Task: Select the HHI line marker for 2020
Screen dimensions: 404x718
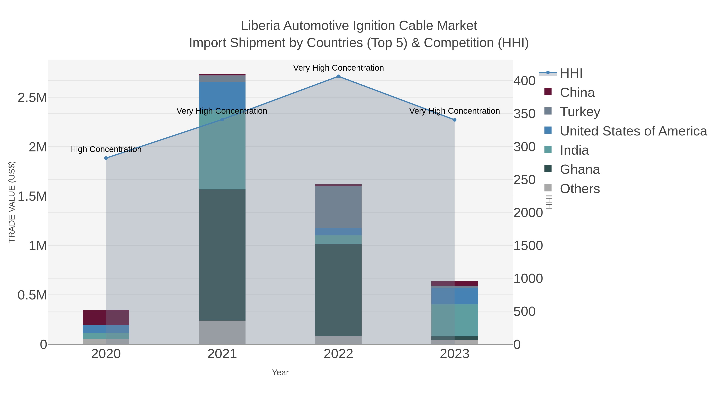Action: click(106, 158)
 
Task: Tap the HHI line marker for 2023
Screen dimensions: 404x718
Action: click(454, 120)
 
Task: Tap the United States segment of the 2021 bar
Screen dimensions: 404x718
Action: click(222, 96)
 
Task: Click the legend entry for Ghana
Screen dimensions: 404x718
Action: click(580, 170)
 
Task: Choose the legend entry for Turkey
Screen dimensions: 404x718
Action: click(580, 112)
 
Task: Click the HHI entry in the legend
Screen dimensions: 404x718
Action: click(571, 73)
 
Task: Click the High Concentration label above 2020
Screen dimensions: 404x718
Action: click(106, 149)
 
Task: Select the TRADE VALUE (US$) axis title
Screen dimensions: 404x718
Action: click(12, 202)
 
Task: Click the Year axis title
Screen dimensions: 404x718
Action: click(280, 372)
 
